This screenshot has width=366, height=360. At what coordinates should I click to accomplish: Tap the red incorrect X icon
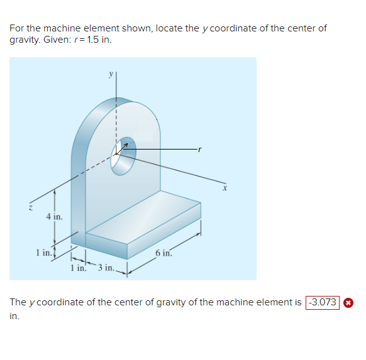point(348,302)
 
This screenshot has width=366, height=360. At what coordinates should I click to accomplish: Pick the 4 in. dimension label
point(53,217)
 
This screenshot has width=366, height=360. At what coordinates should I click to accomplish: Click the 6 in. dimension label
point(162,253)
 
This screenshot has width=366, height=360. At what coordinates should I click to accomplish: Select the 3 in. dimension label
point(105,268)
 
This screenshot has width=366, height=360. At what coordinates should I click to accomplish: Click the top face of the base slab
point(145,217)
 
